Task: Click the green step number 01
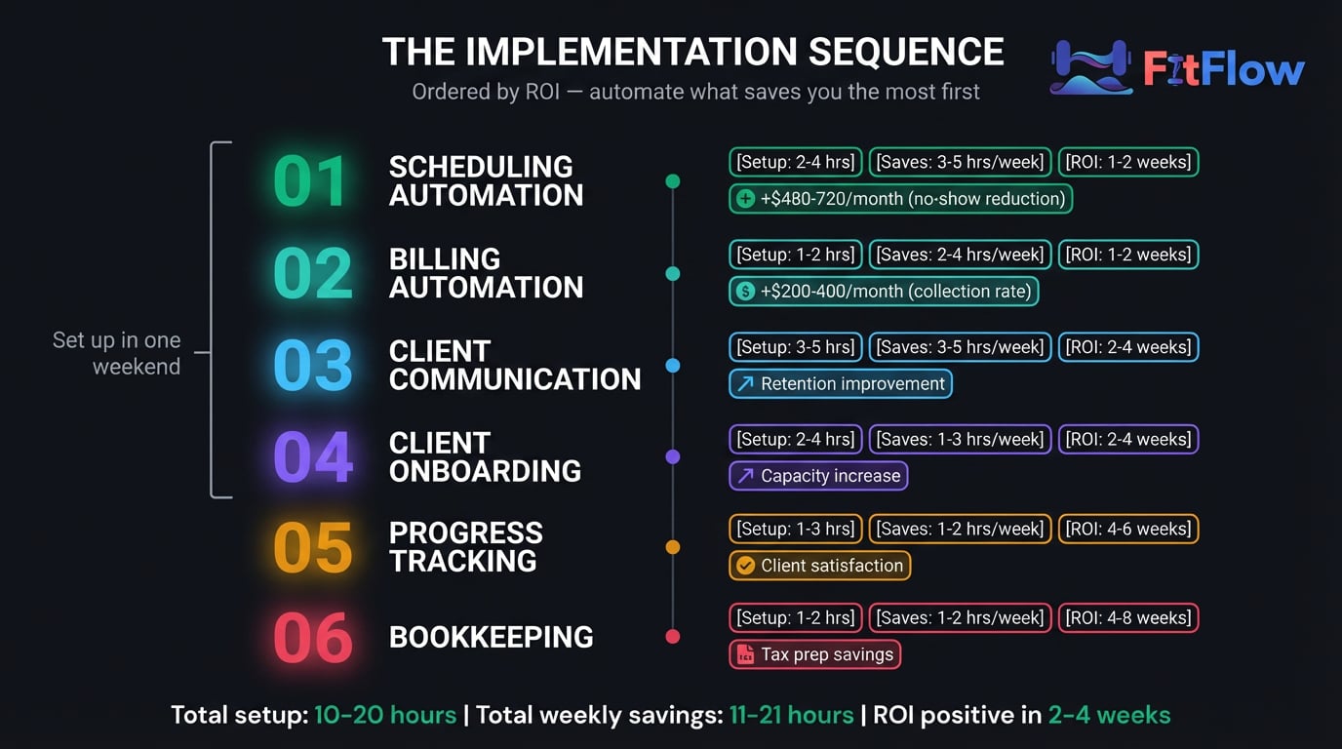(309, 181)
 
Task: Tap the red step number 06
(313, 638)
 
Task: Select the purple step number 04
(313, 456)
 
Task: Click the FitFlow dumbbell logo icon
(1091, 67)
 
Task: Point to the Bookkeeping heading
(491, 637)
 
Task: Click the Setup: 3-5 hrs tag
(796, 347)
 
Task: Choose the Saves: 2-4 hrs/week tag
(960, 255)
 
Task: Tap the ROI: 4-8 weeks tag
(1128, 617)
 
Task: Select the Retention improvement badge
(841, 383)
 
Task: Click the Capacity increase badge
(818, 476)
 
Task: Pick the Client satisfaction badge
(819, 566)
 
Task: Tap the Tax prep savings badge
(814, 654)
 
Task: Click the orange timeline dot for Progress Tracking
(673, 547)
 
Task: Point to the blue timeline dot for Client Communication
(673, 366)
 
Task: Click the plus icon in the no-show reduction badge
(745, 199)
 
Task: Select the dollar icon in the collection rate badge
(745, 292)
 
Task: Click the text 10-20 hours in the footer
(385, 716)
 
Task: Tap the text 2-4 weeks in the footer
(1109, 716)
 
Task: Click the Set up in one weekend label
(116, 353)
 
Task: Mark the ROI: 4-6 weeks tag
(1128, 530)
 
